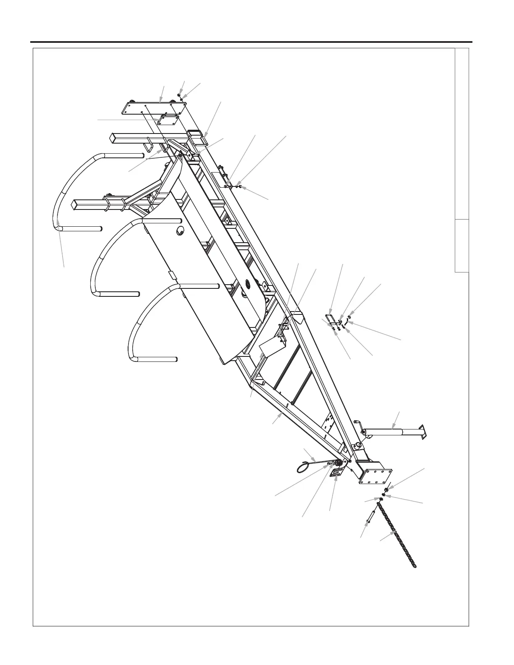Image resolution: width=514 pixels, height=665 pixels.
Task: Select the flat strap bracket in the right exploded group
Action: [x=330, y=319]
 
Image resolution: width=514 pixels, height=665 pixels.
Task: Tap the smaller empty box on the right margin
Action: [x=462, y=246]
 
